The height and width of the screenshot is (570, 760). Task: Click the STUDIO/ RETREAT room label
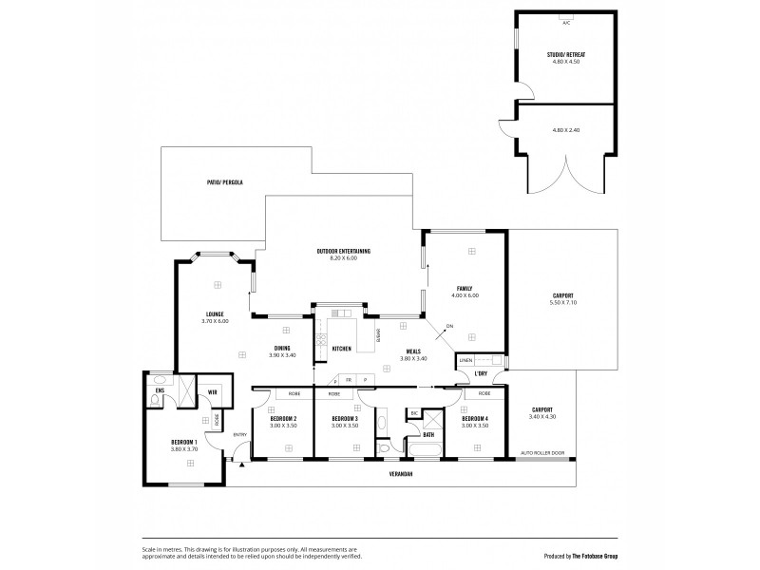tap(566, 56)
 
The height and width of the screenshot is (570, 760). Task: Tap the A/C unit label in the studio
tap(566, 22)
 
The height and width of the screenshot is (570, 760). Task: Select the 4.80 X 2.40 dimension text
tap(566, 129)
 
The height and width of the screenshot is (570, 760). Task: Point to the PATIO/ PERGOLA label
tap(225, 180)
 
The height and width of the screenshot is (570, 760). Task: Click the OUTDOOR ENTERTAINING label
tap(343, 251)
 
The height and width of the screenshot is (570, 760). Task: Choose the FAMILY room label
tap(465, 288)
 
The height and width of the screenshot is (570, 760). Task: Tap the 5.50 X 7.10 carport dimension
tap(563, 302)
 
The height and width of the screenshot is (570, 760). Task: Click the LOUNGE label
tap(216, 314)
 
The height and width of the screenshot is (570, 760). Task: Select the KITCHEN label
tap(342, 350)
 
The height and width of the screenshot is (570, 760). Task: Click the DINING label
tap(282, 348)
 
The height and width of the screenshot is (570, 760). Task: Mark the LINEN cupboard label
tap(465, 361)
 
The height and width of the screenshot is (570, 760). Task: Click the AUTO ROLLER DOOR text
tap(542, 453)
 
